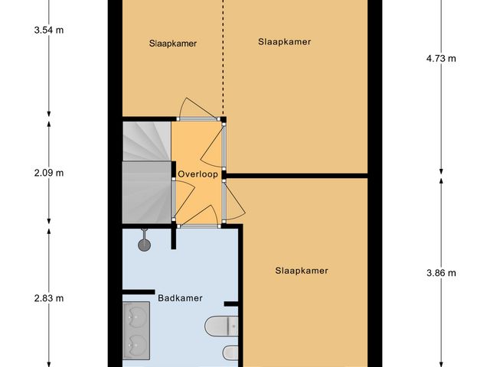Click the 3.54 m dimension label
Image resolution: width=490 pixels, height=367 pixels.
pyautogui.click(x=49, y=31)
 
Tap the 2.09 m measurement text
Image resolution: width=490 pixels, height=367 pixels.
pyautogui.click(x=49, y=173)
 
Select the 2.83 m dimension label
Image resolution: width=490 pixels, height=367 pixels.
pyautogui.click(x=49, y=298)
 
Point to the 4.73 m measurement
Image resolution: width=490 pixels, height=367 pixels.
pyautogui.click(x=441, y=58)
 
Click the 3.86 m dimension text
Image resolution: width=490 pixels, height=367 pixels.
pyautogui.click(x=441, y=273)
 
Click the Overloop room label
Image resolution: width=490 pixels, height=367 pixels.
pyautogui.click(x=198, y=174)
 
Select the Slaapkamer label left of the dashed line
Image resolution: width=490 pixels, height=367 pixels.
pyautogui.click(x=173, y=44)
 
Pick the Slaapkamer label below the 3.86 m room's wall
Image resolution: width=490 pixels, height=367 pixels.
pyautogui.click(x=302, y=271)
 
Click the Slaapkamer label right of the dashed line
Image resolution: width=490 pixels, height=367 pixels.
pyautogui.click(x=285, y=42)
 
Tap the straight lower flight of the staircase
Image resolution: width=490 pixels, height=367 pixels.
pyautogui.click(x=145, y=193)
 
